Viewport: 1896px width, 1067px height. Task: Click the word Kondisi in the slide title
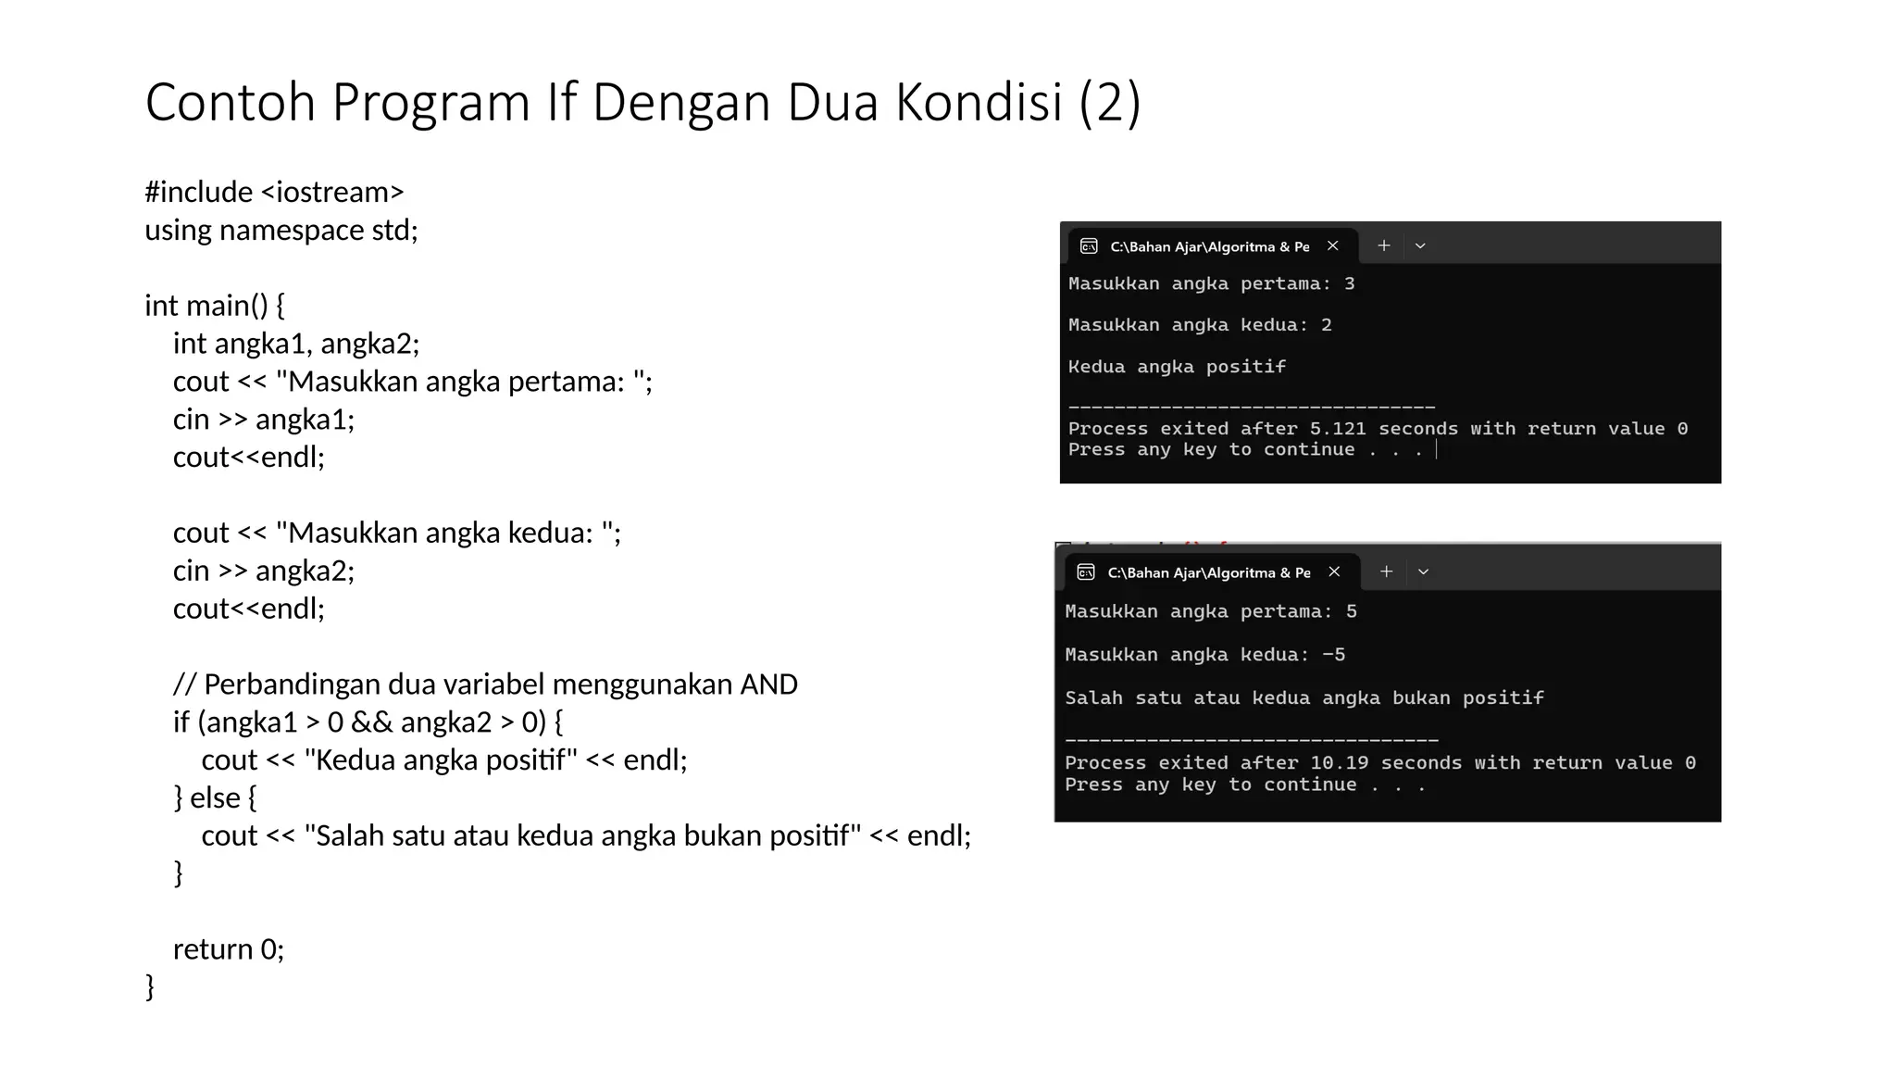coord(979,102)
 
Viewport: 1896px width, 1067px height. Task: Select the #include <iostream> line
coord(274,192)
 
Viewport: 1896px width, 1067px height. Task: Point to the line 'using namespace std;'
coord(281,230)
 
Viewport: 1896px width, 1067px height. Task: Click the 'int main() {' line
coord(215,306)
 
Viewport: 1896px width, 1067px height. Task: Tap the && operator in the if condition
coord(371,722)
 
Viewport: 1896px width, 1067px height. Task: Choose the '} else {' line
coord(215,797)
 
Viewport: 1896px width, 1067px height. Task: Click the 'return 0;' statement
coord(228,949)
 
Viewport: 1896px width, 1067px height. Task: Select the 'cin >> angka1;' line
coord(263,420)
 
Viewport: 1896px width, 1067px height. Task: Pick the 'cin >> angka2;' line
coord(263,571)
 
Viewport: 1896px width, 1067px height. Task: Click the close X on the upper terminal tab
coord(1333,245)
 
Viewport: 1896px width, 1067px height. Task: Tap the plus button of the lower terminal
coord(1386,571)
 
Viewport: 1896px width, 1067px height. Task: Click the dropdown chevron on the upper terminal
coord(1420,245)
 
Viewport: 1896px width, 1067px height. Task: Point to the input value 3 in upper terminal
coord(1349,283)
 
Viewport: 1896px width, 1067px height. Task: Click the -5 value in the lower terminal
coord(1333,655)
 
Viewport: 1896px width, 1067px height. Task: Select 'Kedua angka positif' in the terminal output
coord(1177,367)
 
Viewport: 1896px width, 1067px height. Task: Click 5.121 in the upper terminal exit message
coord(1337,429)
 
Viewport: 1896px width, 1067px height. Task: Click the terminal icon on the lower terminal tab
coord(1086,572)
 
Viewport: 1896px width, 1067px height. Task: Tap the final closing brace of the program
coord(150,986)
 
